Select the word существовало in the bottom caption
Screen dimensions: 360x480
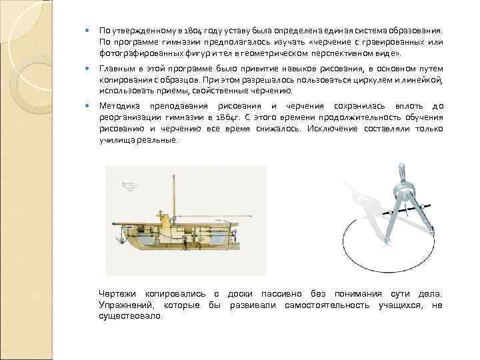pos(130,316)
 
